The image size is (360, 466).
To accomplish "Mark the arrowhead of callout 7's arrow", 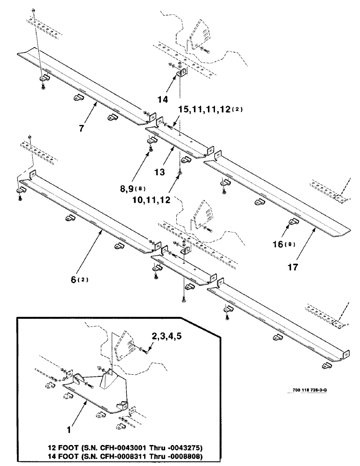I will click(x=97, y=103).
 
